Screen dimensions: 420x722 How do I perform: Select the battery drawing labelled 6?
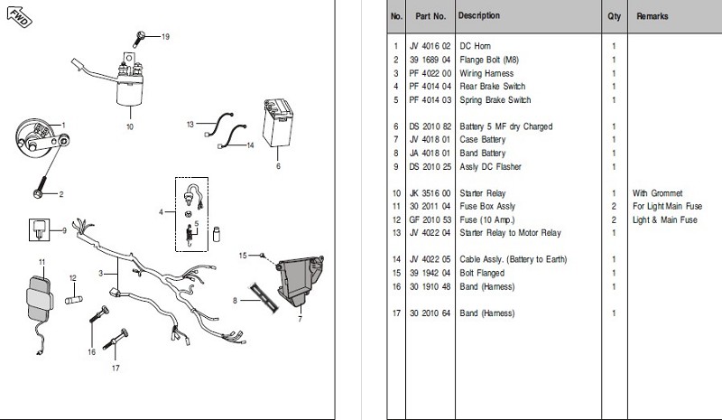(279, 128)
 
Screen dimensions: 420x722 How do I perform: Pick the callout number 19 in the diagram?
(165, 36)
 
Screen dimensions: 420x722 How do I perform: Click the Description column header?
(479, 16)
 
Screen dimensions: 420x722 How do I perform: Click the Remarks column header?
(653, 16)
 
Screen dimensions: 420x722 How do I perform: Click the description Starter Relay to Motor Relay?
(510, 233)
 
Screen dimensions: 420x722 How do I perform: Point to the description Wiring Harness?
(486, 73)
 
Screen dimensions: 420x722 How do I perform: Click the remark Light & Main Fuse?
(666, 219)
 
